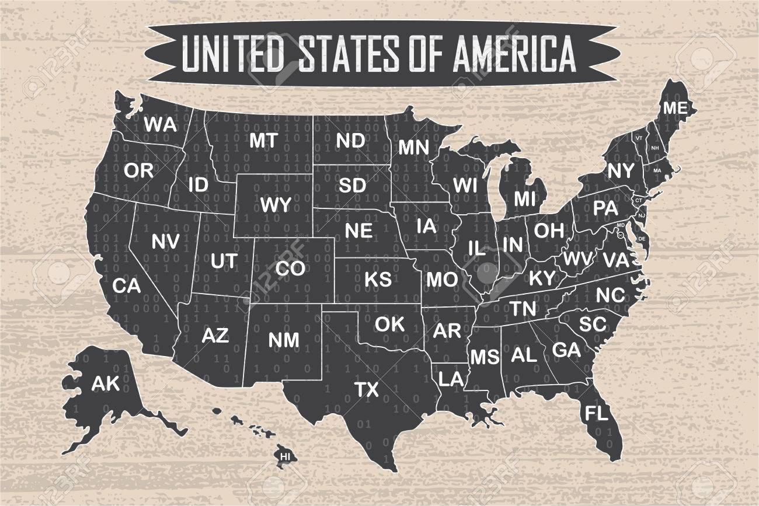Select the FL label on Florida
596,414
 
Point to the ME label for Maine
675,109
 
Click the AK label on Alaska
105,383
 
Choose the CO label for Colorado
290,268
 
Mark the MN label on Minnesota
414,147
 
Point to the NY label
621,171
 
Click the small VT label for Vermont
639,138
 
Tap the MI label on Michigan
524,199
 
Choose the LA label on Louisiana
451,379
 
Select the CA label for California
126,286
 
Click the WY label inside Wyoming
276,205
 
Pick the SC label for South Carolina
593,323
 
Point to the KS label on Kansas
378,279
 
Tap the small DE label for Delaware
642,239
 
